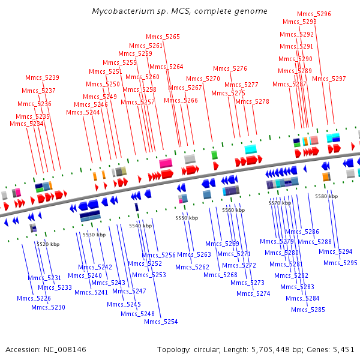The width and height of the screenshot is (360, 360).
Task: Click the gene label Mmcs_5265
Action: (163, 37)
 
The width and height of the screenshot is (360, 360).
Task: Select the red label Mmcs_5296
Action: (314, 14)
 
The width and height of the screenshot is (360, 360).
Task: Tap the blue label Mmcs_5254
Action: (161, 322)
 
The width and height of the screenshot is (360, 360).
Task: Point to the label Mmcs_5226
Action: (34, 298)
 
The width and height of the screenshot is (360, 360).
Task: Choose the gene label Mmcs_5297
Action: (329, 79)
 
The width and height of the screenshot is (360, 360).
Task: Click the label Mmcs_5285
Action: (308, 310)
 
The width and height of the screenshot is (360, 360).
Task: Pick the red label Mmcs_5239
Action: (42, 77)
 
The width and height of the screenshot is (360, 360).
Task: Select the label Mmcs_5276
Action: (230, 68)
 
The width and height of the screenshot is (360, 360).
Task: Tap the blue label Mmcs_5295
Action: (340, 263)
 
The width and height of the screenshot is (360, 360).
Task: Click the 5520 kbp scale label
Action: (48, 244)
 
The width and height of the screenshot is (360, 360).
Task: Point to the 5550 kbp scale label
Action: (187, 218)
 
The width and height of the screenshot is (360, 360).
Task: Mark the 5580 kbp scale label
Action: (326, 196)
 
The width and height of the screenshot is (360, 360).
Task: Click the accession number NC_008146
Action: (65, 350)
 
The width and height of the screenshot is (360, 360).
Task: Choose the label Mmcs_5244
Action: (83, 112)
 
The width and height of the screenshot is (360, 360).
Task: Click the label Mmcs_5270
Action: (203, 79)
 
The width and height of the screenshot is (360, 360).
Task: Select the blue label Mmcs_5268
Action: (220, 275)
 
